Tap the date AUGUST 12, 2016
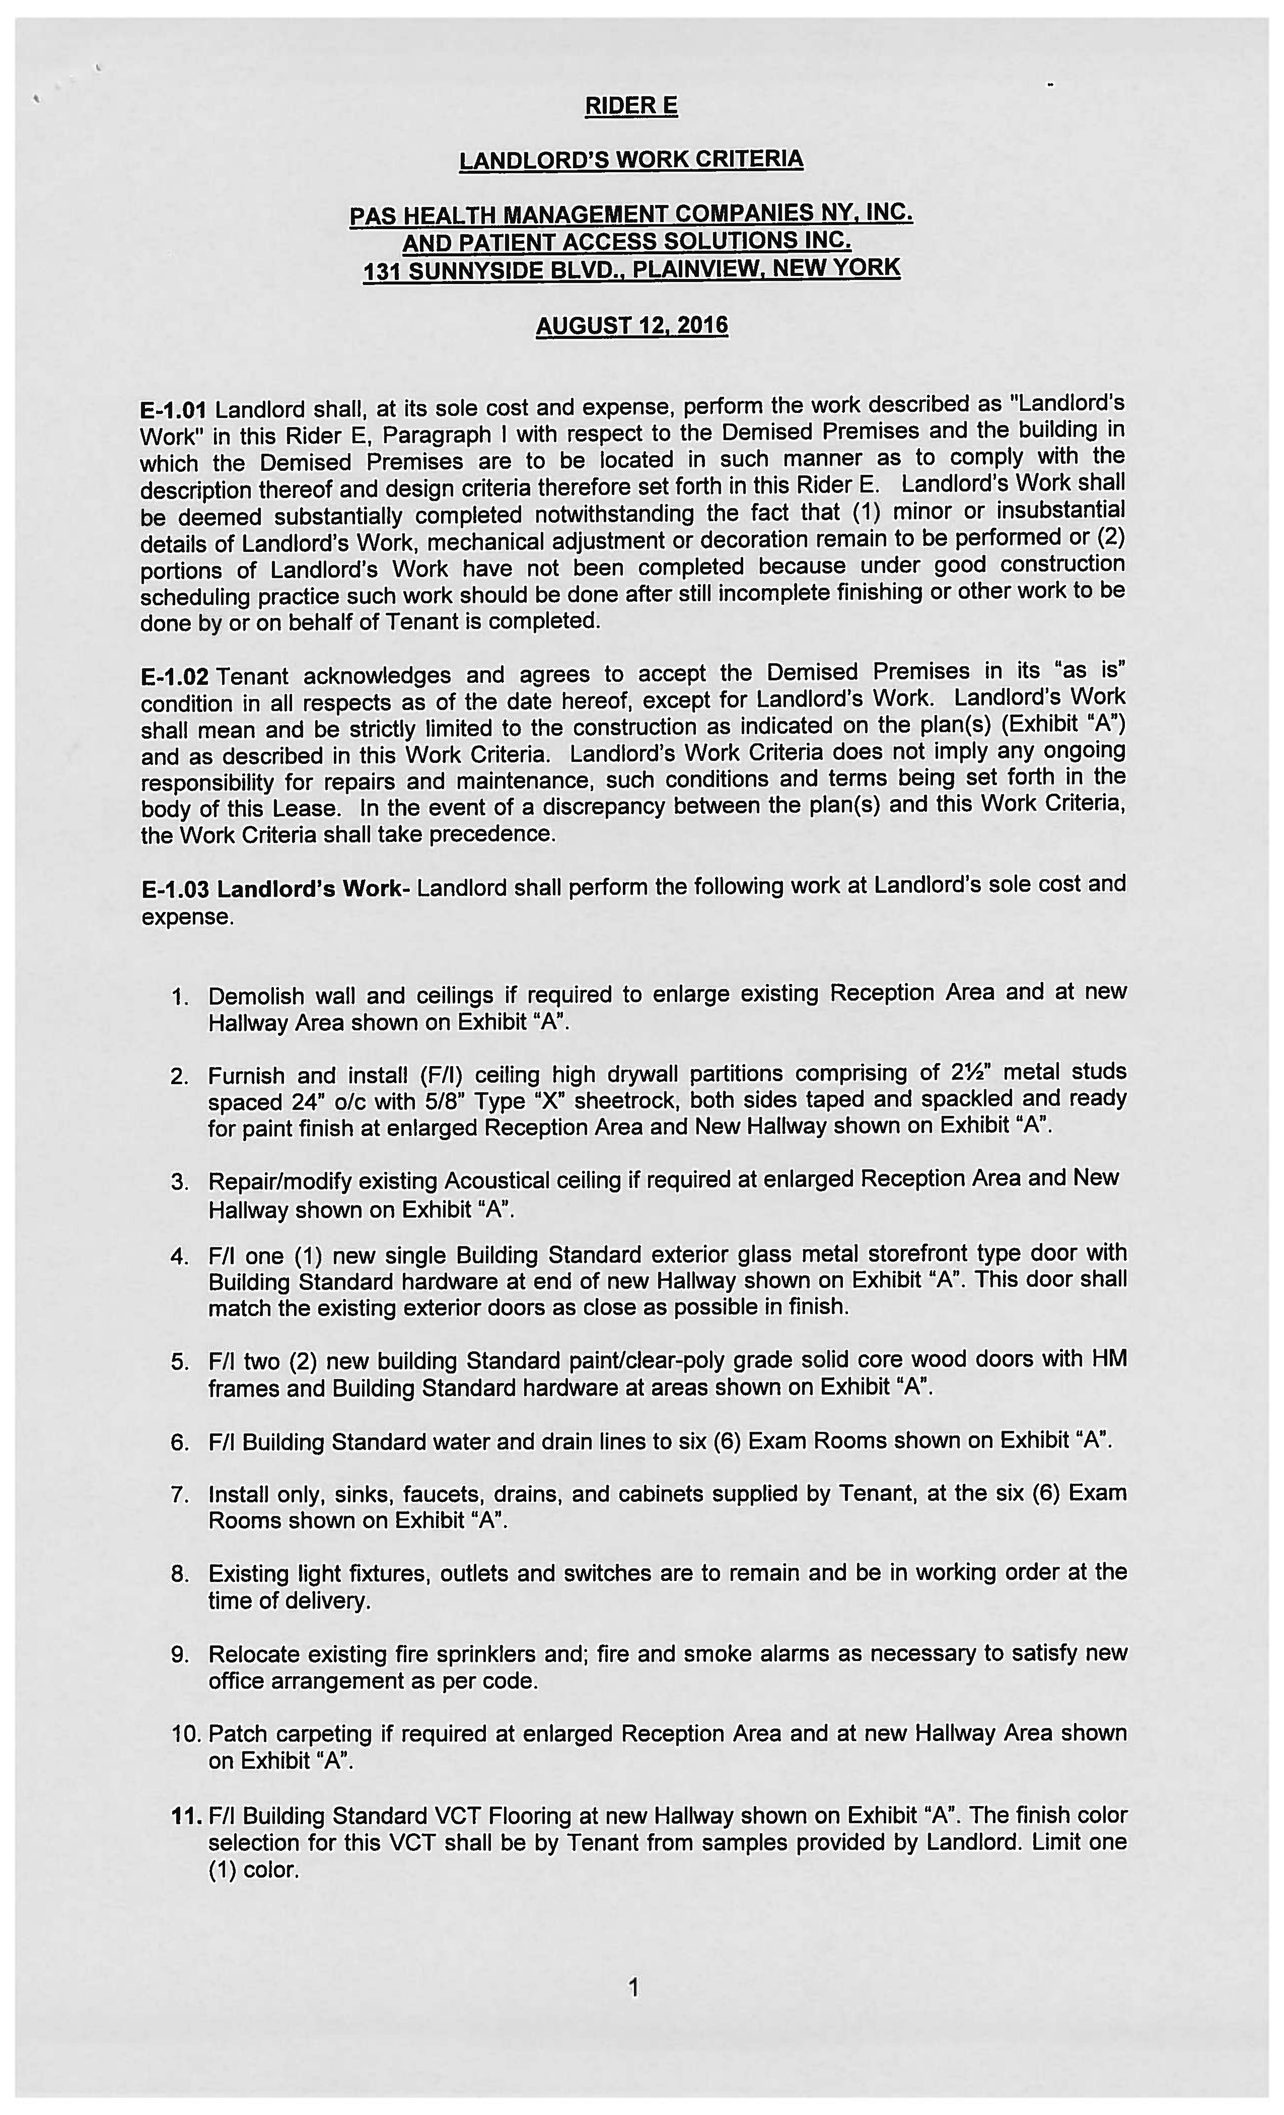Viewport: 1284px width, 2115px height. tap(632, 326)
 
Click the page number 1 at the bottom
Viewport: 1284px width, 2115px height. tap(633, 1988)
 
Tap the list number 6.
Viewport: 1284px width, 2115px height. tap(179, 1442)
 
